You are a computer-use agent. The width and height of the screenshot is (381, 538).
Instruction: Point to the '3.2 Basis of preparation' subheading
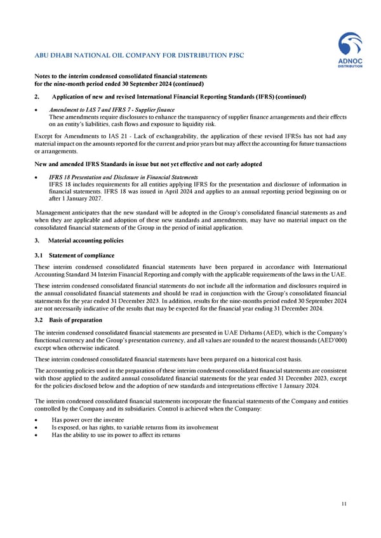pos(68,320)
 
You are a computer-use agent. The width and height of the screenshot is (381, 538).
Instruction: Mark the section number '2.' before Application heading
pos(36,96)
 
